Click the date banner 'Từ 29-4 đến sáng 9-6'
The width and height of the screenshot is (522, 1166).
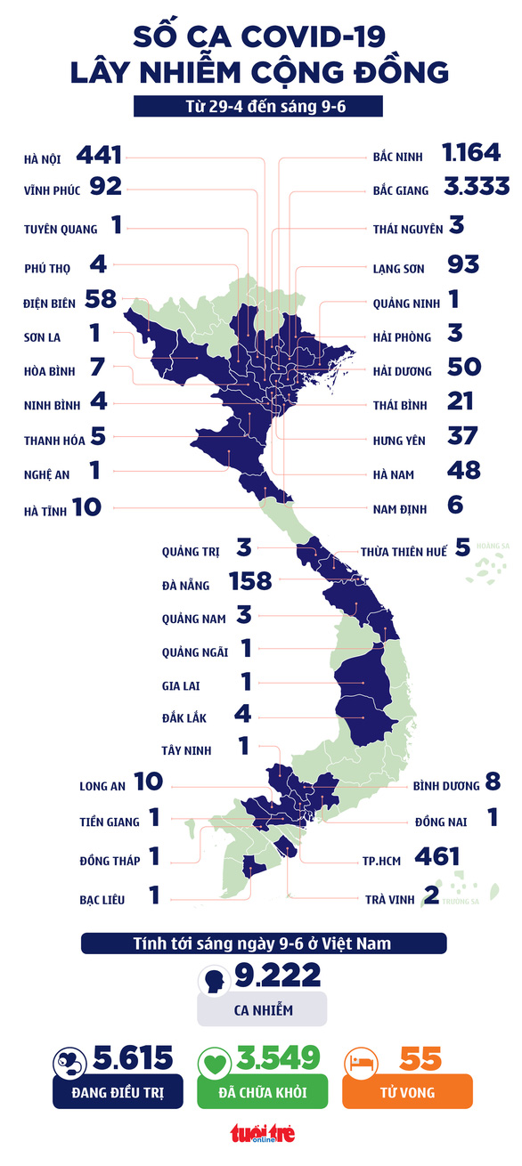pos(258,107)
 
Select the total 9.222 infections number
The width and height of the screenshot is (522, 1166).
pos(278,976)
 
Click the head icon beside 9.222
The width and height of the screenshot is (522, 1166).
pos(215,982)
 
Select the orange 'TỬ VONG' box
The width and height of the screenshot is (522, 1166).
pos(407,1091)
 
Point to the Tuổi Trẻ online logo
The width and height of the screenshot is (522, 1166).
pos(263,1133)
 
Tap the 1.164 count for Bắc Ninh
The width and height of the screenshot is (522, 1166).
pos(471,153)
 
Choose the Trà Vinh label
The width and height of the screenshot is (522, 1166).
pos(390,899)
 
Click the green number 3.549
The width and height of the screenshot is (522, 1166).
pos(278,1057)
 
